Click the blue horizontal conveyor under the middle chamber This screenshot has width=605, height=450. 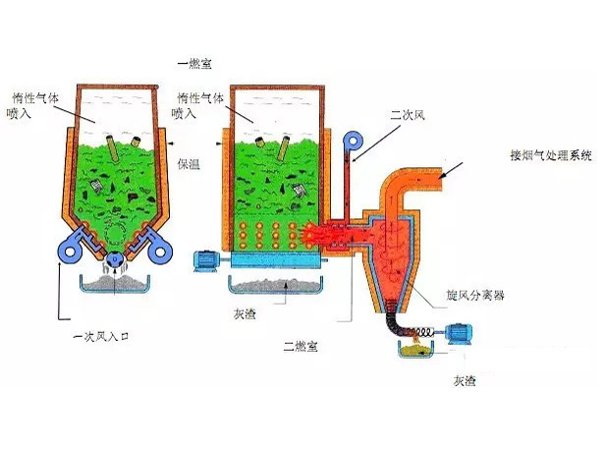[x=272, y=259]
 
